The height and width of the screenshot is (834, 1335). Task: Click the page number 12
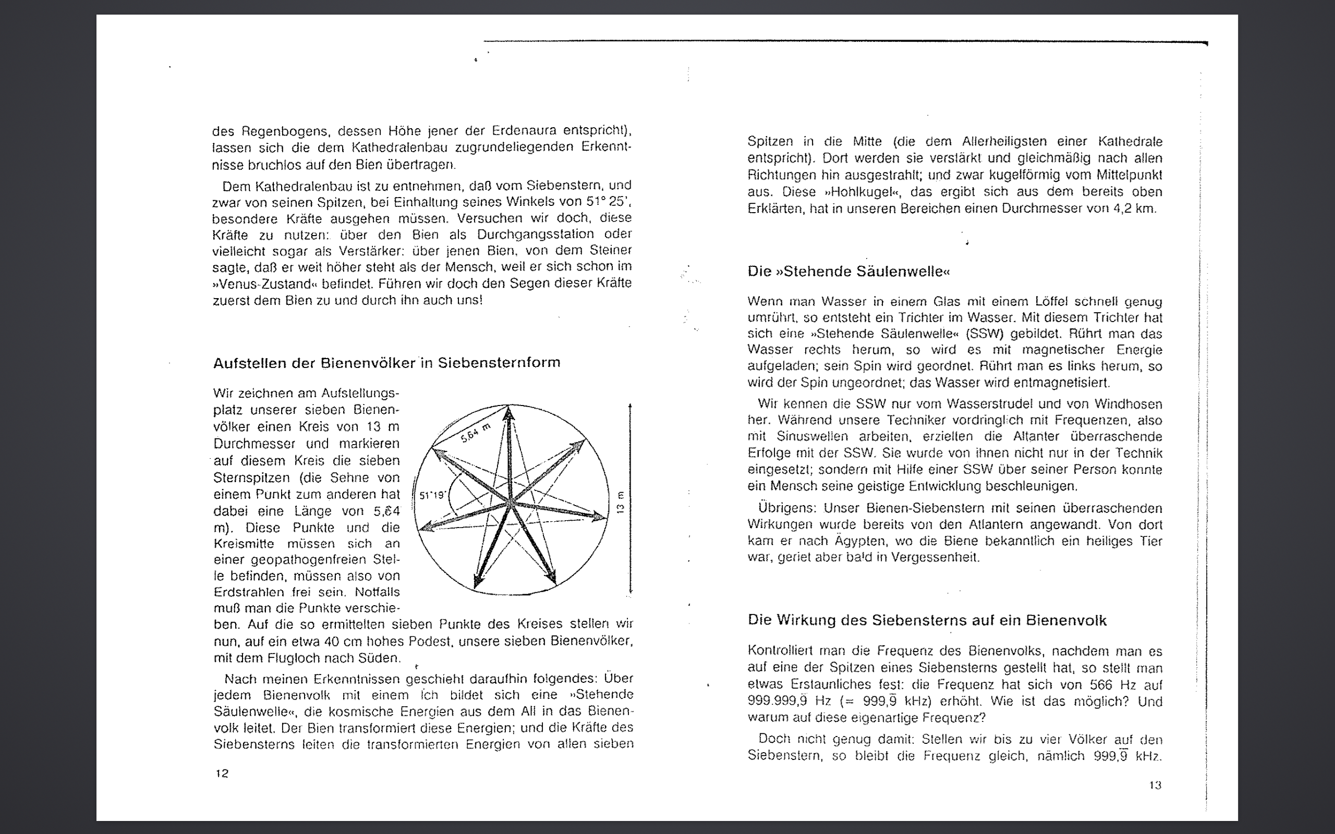pyautogui.click(x=222, y=774)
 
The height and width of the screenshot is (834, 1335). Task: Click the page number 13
pyautogui.click(x=1155, y=785)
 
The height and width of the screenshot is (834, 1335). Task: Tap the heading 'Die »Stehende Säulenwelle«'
pyautogui.click(x=849, y=272)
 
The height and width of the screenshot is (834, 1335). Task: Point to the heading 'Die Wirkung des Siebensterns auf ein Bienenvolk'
pyautogui.click(x=927, y=620)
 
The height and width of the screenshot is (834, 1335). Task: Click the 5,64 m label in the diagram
pyautogui.click(x=476, y=433)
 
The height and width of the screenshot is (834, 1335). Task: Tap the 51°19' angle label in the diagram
pyautogui.click(x=432, y=495)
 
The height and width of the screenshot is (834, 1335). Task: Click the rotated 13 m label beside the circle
pyautogui.click(x=620, y=502)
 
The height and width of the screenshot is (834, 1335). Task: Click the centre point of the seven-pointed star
pyautogui.click(x=511, y=502)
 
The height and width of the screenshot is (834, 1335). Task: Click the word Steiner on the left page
pyautogui.click(x=610, y=250)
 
